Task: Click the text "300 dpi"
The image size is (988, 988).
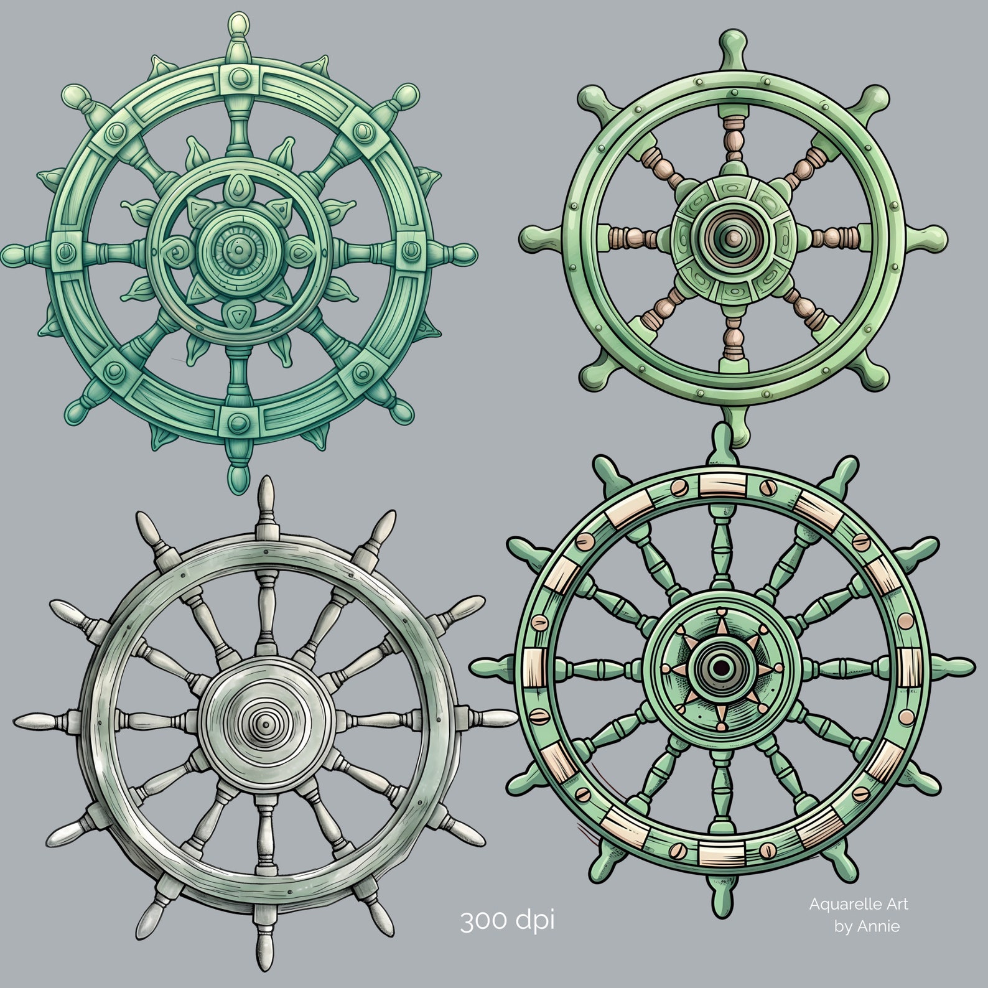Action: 506,920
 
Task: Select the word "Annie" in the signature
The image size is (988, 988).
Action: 878,926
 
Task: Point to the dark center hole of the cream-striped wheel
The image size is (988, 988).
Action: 721,668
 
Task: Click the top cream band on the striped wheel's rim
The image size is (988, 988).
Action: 722,483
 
